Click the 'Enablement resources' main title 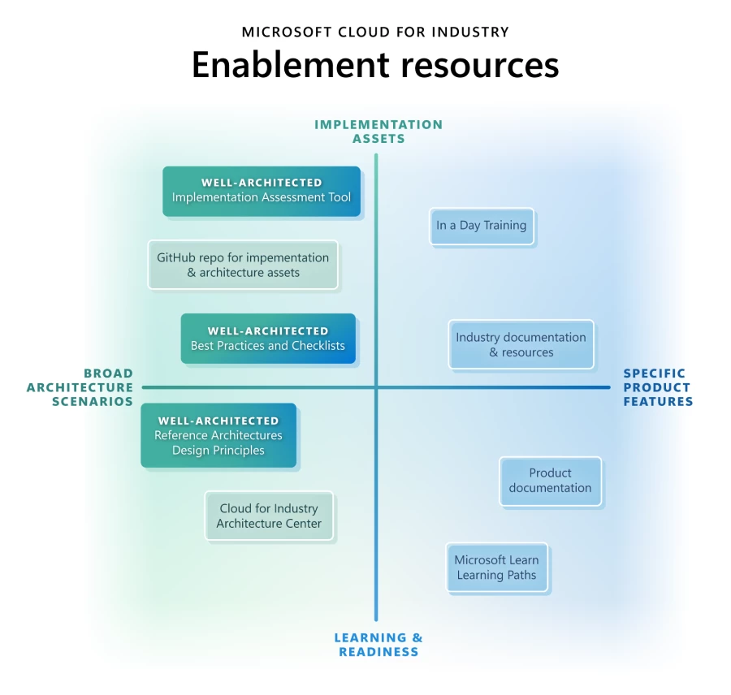pos(375,65)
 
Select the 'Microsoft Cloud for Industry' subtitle pos(375,32)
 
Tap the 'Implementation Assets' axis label pos(378,132)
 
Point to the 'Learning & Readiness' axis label pos(378,645)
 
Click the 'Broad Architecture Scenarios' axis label pos(80,387)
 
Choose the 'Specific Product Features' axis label pos(658,387)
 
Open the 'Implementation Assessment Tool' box pos(262,192)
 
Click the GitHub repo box pos(243,265)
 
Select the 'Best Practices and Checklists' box pos(268,339)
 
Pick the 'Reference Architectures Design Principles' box pos(218,436)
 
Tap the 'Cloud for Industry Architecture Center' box pos(269,516)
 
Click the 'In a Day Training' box pos(482,226)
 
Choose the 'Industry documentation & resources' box pos(521,345)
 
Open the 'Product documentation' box pos(550,481)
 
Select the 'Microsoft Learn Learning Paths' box pos(496,568)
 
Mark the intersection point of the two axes pos(376,387)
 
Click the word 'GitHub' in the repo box pos(176,257)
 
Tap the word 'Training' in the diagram pos(505,226)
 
